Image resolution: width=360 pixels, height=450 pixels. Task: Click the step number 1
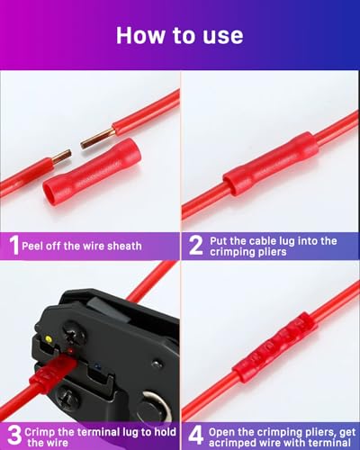tap(13, 245)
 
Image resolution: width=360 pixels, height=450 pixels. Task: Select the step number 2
tap(194, 245)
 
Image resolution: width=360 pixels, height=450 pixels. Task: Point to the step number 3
tap(13, 430)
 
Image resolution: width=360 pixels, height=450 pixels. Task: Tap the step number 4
tap(194, 430)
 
